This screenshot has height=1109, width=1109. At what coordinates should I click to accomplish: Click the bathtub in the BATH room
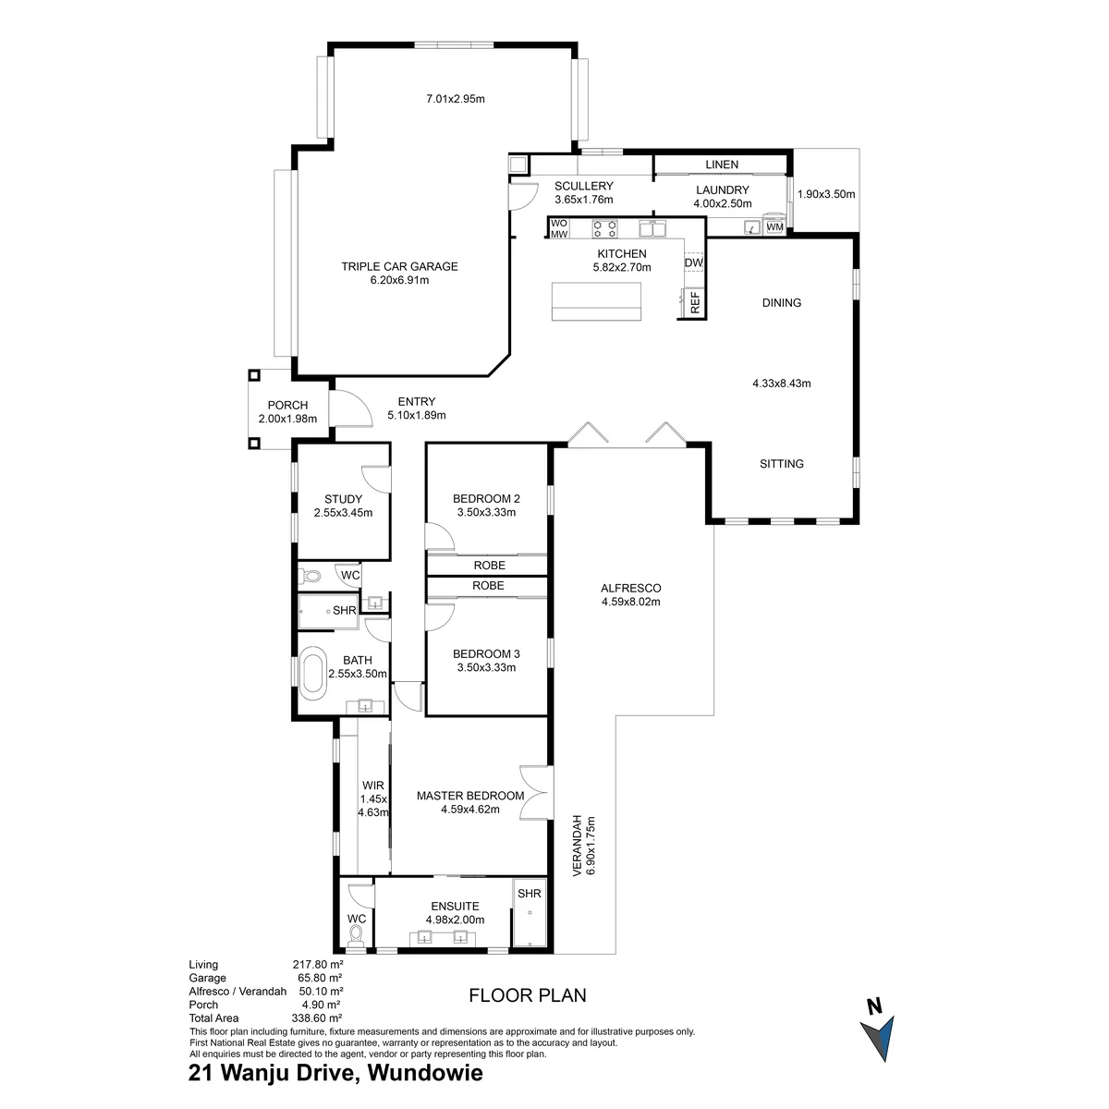tap(312, 672)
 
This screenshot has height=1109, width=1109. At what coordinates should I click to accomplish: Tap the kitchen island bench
tap(596, 301)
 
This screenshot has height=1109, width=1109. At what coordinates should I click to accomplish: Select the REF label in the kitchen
tap(695, 303)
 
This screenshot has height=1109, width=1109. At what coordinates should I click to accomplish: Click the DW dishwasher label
tap(693, 262)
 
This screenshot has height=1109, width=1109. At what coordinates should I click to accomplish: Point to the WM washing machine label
tap(774, 226)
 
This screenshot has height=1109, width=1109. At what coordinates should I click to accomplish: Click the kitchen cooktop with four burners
tap(604, 229)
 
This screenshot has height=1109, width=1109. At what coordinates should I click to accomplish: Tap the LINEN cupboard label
tap(722, 165)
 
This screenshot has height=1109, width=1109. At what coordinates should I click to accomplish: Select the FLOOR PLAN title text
tap(527, 995)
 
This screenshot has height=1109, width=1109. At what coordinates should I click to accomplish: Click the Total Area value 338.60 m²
tap(317, 1018)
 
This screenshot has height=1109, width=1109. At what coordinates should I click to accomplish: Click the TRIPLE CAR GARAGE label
tap(399, 266)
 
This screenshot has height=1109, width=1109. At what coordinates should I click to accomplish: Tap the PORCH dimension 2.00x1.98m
tap(287, 419)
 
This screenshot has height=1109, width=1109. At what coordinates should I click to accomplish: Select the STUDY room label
tap(343, 499)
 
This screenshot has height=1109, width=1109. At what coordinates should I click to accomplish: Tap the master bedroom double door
tap(536, 792)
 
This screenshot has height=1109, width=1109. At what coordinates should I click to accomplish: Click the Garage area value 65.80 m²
tap(317, 978)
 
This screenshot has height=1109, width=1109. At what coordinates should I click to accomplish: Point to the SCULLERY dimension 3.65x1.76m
tap(583, 200)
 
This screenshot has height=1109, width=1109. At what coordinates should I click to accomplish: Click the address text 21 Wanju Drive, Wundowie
tap(335, 1073)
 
